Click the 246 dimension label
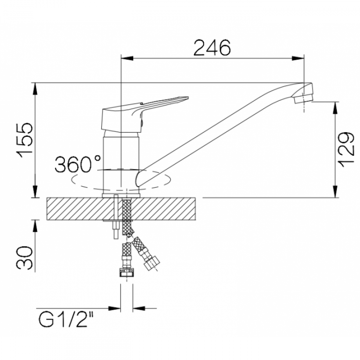click(x=212, y=48)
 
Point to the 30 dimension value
click(x=24, y=258)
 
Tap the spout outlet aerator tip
click(x=303, y=99)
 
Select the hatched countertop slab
click(x=122, y=209)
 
